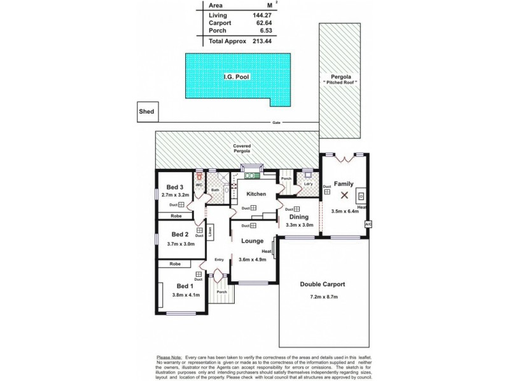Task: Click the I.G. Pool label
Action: pos(236,77)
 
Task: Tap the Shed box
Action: pos(146,112)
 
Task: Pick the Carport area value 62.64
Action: pos(244,23)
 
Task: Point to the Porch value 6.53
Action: pos(246,30)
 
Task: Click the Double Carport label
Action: pos(323,284)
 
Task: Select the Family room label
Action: pos(344,184)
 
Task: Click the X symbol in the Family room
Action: pos(344,196)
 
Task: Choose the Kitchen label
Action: pos(255,194)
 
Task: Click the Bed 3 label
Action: pos(175,187)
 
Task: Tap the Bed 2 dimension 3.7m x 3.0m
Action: pos(180,243)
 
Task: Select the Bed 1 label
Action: pos(177,286)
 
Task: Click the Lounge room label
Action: pos(253,241)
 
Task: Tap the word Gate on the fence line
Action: pos(276,123)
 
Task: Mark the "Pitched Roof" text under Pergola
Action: pos(340,83)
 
